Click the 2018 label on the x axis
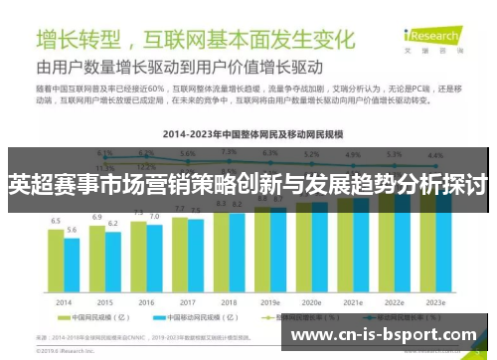[x=229, y=301]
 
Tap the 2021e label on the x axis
[x=353, y=301]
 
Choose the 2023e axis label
[x=436, y=301]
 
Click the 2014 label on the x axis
[x=64, y=301]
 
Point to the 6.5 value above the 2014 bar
[x=56, y=220]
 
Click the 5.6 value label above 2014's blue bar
[x=72, y=230]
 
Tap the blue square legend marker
[x=149, y=319]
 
